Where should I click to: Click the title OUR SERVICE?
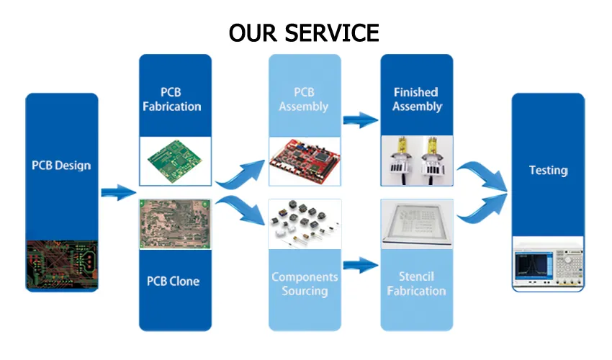(x=304, y=32)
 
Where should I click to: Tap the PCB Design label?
(x=61, y=166)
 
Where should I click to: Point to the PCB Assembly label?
(x=303, y=99)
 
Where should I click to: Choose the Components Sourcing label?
(x=305, y=284)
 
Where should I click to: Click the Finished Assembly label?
(x=417, y=99)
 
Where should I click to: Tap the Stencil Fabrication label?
(x=417, y=284)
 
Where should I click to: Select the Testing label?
(x=549, y=171)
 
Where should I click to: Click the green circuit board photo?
(x=176, y=162)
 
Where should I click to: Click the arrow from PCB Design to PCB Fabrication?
(x=117, y=192)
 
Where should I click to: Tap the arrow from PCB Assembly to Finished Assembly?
(x=360, y=119)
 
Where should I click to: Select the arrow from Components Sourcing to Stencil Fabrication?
(x=360, y=265)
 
